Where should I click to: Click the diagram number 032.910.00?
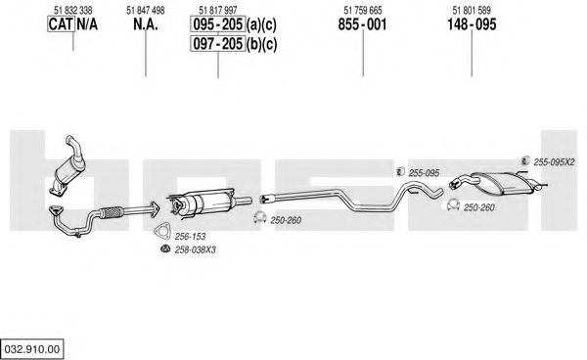(32, 349)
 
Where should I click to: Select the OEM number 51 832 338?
(73, 11)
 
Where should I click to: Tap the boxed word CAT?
(61, 24)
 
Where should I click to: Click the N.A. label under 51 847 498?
(146, 24)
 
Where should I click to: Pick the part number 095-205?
(218, 24)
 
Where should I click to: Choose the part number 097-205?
(218, 44)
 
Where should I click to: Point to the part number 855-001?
(362, 24)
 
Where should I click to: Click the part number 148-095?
(472, 24)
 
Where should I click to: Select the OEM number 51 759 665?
(363, 11)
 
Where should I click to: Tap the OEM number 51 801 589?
(472, 11)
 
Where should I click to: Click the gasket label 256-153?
(190, 237)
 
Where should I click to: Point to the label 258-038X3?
(196, 249)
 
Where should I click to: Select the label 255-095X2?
(554, 162)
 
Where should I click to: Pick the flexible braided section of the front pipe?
(112, 212)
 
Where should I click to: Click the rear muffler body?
(502, 183)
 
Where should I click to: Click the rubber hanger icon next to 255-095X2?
(525, 161)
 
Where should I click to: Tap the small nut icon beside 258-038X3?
(164, 248)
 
